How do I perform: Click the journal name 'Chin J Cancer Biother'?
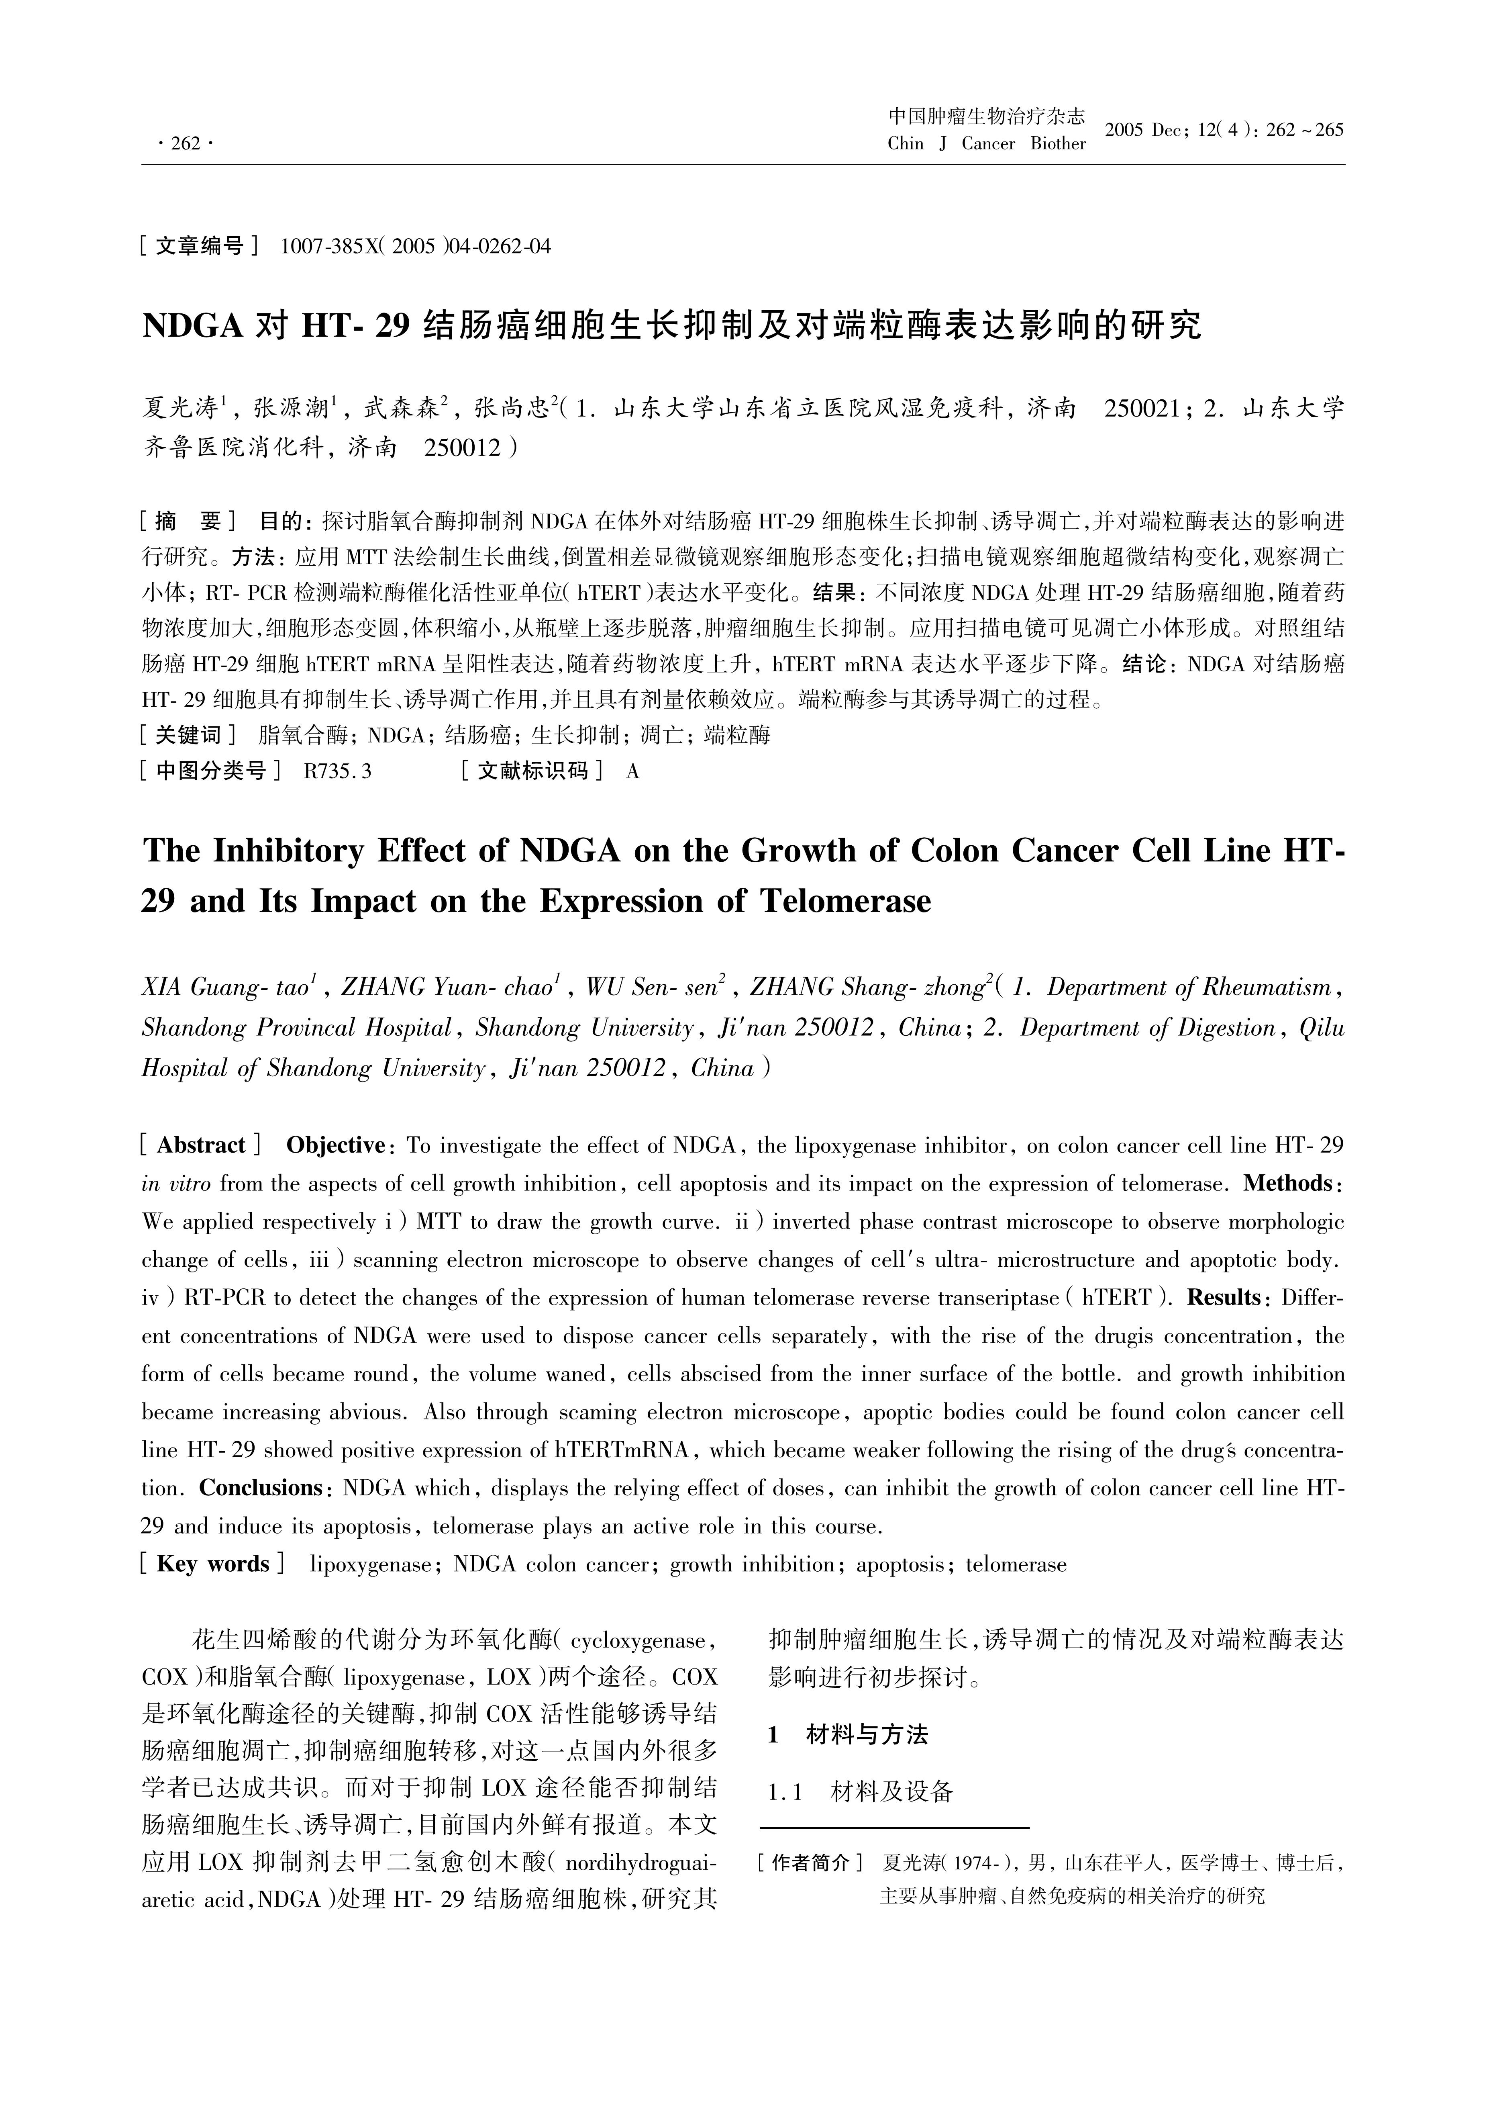click(986, 144)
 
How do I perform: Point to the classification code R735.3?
click(337, 772)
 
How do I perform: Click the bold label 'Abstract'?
click(201, 1145)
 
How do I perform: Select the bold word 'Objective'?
click(335, 1145)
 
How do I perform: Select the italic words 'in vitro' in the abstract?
click(176, 1184)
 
